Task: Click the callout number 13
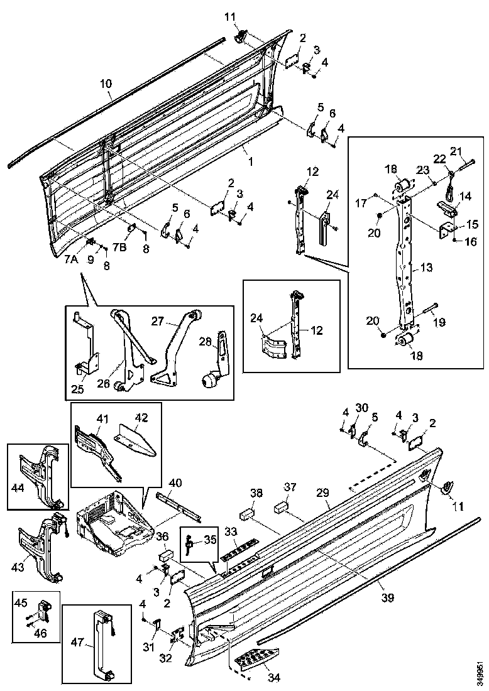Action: pyautogui.click(x=426, y=268)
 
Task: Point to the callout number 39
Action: pyautogui.click(x=388, y=597)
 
